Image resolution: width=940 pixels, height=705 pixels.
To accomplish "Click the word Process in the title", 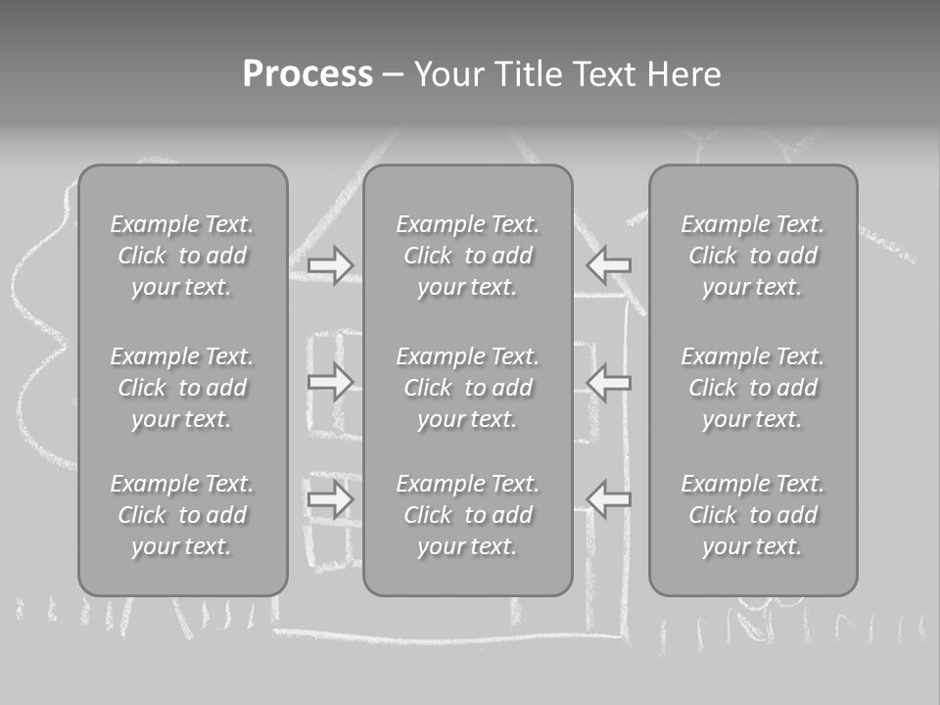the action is [x=307, y=74].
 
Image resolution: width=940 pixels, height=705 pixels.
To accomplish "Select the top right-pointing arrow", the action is [x=330, y=265].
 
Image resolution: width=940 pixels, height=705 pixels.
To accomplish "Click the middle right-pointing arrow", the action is [x=330, y=382].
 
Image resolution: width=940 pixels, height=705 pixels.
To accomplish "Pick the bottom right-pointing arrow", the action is [x=330, y=498].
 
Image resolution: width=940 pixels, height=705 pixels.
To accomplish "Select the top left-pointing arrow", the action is [x=608, y=265].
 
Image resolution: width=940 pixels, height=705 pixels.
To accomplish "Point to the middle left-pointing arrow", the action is [x=608, y=382].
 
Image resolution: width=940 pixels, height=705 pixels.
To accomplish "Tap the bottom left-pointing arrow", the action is [x=608, y=498].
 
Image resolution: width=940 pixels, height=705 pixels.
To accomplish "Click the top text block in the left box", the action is [x=182, y=256].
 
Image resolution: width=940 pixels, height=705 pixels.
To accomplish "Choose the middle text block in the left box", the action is [x=182, y=388].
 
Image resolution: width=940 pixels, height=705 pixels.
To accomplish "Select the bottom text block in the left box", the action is [x=182, y=514].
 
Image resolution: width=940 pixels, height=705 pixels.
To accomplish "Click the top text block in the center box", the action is [x=468, y=256].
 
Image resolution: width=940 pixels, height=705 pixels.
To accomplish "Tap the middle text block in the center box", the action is [x=468, y=388].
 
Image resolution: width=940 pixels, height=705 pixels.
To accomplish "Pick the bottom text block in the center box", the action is [x=468, y=514].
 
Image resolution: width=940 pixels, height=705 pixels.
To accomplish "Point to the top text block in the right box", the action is [x=753, y=256].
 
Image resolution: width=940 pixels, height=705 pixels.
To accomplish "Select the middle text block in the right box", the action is [x=753, y=388].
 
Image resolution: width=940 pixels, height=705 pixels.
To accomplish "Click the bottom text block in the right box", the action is [x=753, y=514].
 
